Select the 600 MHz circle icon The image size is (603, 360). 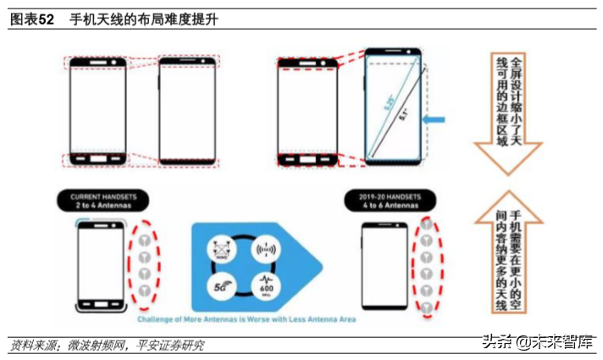coord(264,287)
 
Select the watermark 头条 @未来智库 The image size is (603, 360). coord(537,342)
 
